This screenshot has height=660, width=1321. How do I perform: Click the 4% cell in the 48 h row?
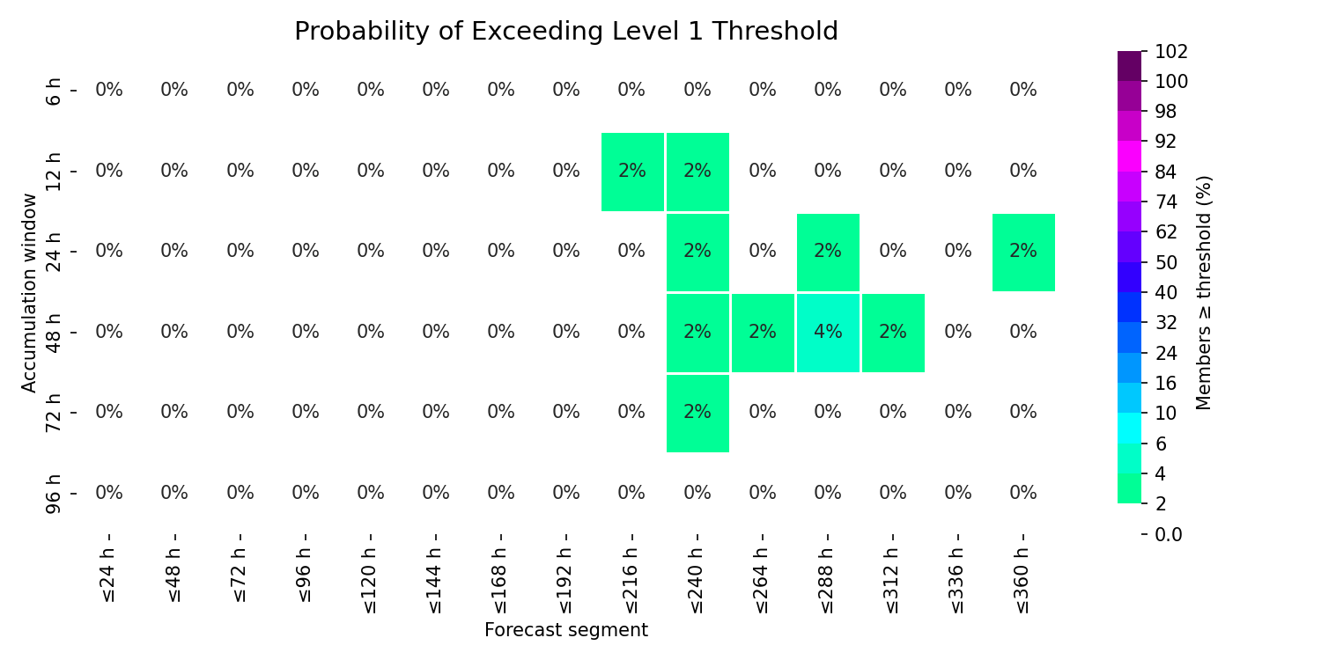tap(828, 333)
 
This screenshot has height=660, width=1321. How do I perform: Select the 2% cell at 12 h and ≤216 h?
tap(632, 172)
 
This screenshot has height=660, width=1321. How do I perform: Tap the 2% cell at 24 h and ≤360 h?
tap(1023, 253)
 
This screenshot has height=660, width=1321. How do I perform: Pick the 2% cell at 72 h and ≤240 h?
tap(697, 413)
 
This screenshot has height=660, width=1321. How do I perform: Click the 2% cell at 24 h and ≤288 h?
tap(828, 253)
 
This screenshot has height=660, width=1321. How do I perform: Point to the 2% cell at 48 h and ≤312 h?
tap(893, 333)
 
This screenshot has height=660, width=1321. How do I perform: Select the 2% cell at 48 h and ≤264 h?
tap(763, 333)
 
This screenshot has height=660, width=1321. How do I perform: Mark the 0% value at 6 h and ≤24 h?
tap(109, 90)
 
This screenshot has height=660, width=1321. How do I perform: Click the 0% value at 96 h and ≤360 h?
tap(1023, 493)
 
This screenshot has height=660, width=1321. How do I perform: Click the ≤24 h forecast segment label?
tap(108, 575)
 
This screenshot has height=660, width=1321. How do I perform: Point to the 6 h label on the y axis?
tap(53, 92)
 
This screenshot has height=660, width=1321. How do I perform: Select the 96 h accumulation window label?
tap(53, 494)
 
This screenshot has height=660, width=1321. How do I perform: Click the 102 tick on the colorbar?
tap(1171, 52)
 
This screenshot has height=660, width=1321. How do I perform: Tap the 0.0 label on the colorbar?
tap(1169, 534)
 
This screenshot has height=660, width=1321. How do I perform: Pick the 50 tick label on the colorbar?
tap(1166, 263)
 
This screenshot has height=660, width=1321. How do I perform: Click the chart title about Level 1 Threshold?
tap(566, 31)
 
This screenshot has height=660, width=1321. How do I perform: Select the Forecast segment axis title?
tap(566, 630)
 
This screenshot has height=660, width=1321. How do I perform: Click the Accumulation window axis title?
tap(29, 293)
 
